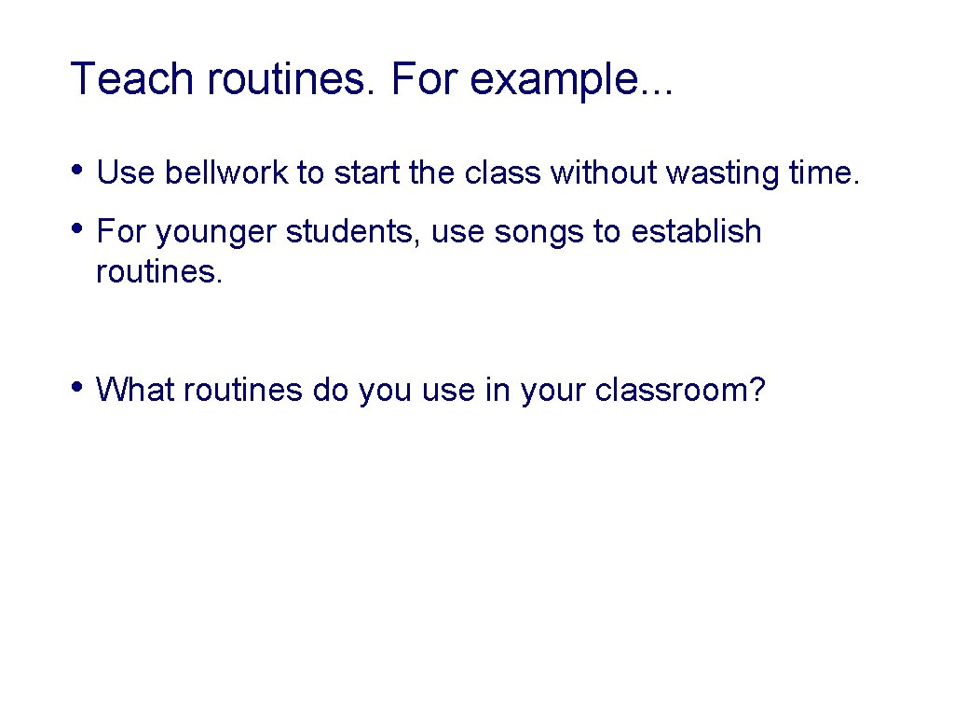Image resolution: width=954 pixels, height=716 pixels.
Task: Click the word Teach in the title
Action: point(133,79)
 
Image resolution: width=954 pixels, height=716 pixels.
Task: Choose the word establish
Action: point(696,231)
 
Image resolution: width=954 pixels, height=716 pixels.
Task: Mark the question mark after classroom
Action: point(756,389)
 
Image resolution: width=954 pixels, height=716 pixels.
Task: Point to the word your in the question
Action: point(553,391)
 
